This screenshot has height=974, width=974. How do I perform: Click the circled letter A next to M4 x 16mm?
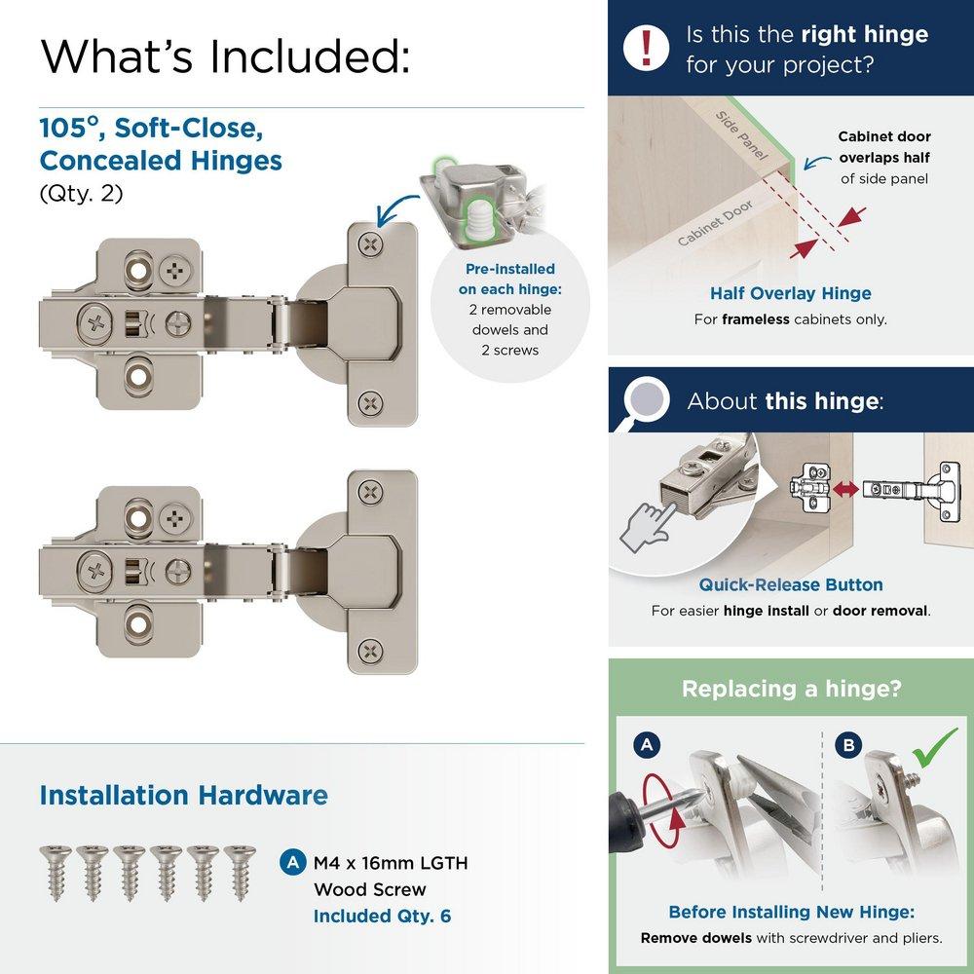(291, 862)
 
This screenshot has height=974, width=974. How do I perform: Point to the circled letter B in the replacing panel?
(849, 746)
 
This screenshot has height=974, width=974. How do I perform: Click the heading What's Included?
(224, 56)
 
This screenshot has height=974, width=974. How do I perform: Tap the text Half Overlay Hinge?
(790, 293)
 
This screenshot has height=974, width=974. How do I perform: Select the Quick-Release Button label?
(790, 584)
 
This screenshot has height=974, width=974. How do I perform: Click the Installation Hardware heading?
(183, 795)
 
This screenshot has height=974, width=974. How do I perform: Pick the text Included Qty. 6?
(382, 916)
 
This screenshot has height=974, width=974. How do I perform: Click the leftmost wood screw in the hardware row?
(55, 872)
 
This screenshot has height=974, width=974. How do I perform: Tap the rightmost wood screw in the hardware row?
(238, 872)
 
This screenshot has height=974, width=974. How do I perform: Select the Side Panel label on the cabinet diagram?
(742, 135)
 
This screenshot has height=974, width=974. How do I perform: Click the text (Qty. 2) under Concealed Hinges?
(81, 193)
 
